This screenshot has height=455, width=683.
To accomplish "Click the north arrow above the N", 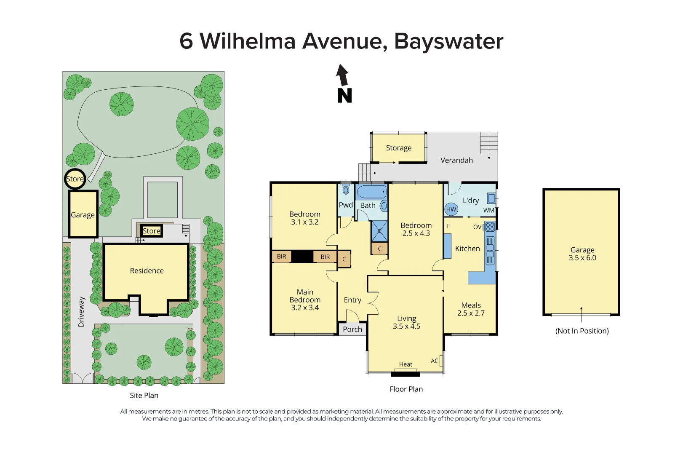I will [342, 75].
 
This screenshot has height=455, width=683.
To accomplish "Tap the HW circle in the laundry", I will [451, 209].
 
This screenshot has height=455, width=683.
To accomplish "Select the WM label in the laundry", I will [488, 210].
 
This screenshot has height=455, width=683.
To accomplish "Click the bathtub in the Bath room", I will [371, 192].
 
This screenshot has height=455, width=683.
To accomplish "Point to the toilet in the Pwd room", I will [346, 190].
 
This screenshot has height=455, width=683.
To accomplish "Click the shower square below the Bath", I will [379, 231].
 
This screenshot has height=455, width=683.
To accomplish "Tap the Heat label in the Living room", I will [406, 364].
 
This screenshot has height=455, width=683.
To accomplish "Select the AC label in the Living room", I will [435, 361].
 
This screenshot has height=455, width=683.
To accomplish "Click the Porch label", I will [352, 329].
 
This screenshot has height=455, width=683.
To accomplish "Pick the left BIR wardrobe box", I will [281, 257].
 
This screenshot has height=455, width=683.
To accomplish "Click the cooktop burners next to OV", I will [490, 227].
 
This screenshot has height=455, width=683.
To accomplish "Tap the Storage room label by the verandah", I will [398, 148].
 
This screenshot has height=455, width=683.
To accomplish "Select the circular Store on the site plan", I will [75, 179].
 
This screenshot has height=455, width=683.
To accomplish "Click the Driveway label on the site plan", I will [81, 312].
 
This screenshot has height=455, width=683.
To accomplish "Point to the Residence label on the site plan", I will [147, 270].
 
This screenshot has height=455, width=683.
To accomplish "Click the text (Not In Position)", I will [582, 331].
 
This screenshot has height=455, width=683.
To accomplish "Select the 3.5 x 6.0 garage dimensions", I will [582, 258].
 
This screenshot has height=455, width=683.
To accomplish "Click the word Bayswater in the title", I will [448, 41].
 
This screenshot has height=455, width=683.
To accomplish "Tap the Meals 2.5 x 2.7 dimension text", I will [471, 313].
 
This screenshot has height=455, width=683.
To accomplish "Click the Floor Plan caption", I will [406, 389].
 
